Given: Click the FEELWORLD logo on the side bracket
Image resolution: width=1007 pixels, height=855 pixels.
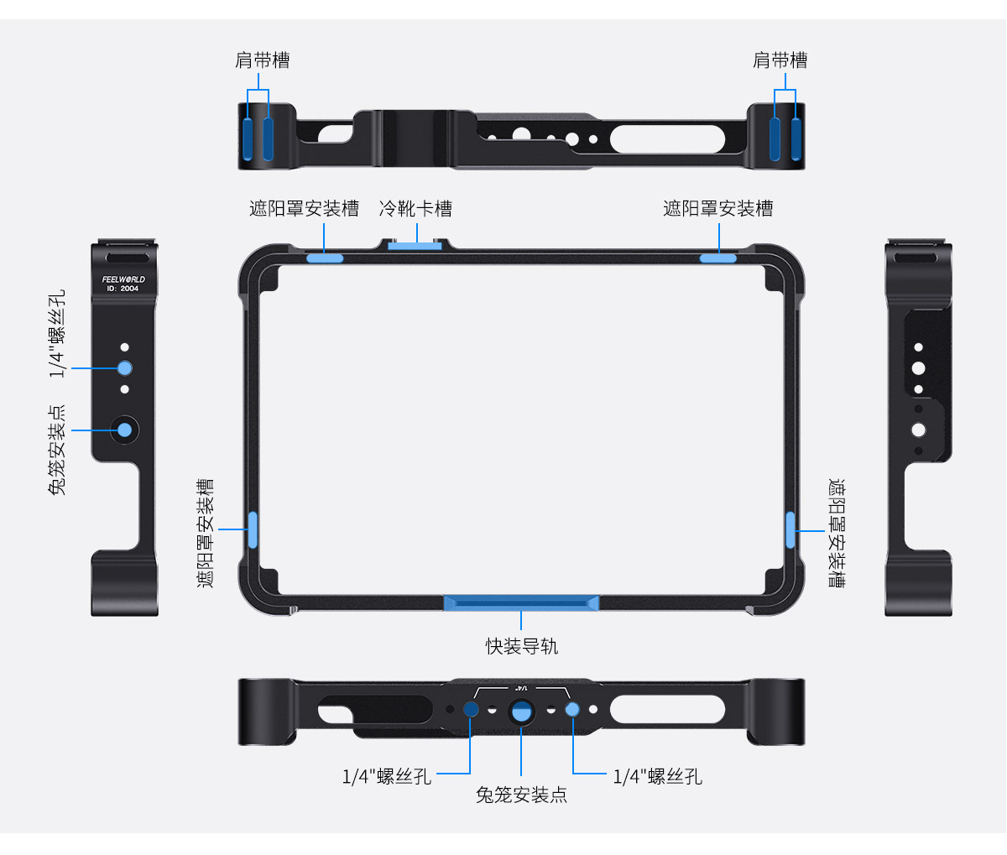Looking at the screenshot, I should (x=123, y=279).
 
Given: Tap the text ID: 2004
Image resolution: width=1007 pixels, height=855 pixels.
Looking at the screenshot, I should (x=123, y=289).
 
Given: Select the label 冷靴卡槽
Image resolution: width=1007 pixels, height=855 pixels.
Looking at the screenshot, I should (x=415, y=208).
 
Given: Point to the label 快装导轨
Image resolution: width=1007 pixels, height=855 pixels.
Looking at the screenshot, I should (x=521, y=646).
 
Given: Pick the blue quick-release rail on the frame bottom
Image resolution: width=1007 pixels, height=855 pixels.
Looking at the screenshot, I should (x=521, y=602).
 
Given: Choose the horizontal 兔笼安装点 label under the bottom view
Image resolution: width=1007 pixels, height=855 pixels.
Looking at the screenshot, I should (x=521, y=795).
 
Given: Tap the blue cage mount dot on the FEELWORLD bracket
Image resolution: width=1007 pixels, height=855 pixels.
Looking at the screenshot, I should (x=125, y=430).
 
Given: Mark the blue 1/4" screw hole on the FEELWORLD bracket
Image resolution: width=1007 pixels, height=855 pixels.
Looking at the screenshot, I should (x=125, y=368).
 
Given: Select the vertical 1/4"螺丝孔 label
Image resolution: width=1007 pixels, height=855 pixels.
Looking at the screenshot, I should (x=57, y=334).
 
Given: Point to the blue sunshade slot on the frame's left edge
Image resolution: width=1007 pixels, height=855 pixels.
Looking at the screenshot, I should (x=252, y=529).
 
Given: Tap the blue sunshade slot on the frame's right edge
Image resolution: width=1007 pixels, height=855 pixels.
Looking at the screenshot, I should (x=790, y=529).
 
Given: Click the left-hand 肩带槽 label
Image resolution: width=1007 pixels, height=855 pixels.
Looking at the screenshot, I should (x=262, y=60).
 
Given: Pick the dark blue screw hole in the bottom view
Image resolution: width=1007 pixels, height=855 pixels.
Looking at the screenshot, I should (x=472, y=710).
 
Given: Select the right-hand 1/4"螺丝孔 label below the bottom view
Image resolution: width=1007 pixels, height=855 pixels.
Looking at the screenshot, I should (x=657, y=776).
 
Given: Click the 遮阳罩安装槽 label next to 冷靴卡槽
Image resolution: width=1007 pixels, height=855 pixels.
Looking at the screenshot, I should (x=304, y=208).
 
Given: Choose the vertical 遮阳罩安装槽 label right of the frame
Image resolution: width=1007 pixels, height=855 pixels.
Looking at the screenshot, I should (x=837, y=534).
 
